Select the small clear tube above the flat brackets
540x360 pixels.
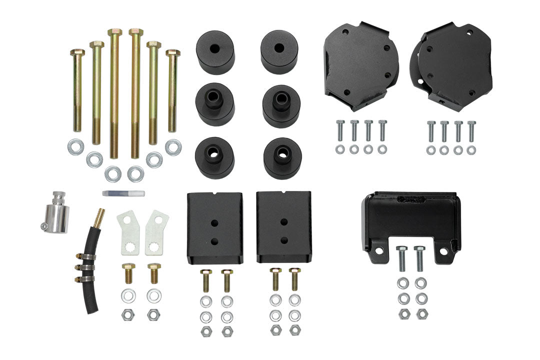123,193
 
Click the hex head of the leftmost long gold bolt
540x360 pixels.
77,52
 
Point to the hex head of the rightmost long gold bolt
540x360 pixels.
172,52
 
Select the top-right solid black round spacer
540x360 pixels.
279,51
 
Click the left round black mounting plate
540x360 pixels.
361,65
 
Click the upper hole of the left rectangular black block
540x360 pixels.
214,221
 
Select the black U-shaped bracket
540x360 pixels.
410,222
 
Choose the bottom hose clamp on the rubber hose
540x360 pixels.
85,276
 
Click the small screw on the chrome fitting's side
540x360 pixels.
44,227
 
